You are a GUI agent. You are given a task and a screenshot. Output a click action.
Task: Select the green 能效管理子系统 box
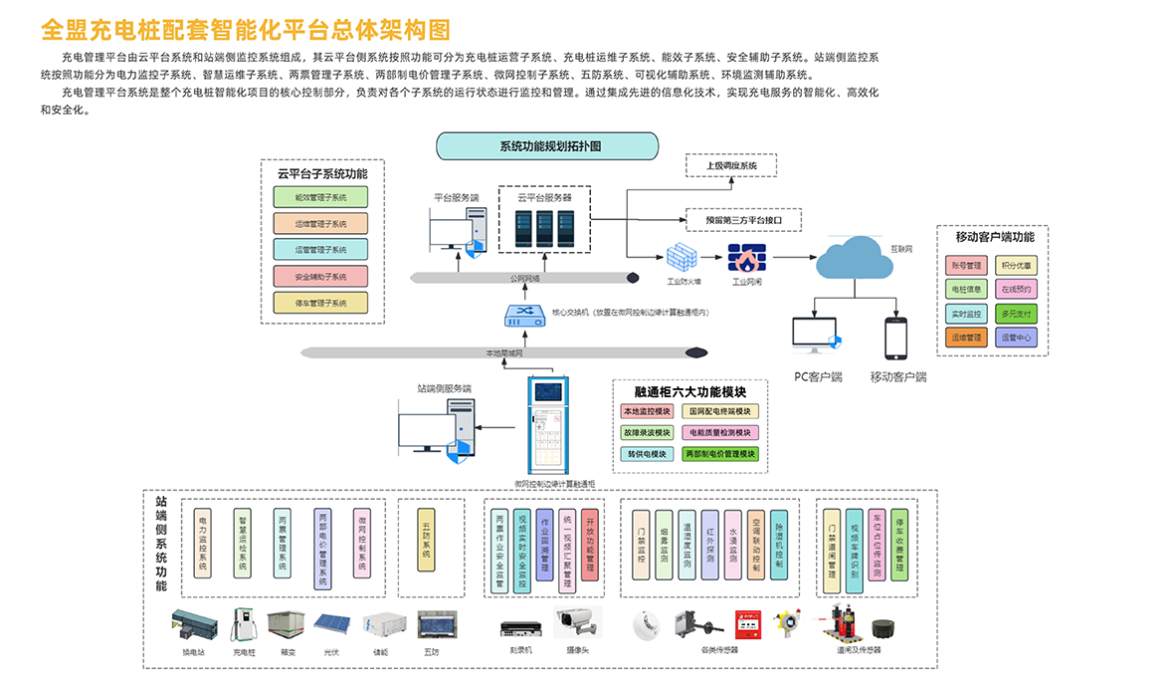point(320,197)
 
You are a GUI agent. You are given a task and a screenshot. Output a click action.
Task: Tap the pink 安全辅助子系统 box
point(320,276)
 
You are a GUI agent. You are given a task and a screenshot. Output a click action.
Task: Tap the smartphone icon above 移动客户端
point(896,340)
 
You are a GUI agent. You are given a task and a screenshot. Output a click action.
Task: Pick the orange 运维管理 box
point(965,338)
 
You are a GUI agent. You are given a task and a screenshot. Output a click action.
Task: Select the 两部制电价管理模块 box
point(720,453)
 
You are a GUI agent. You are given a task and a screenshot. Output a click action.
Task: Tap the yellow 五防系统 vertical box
point(427,542)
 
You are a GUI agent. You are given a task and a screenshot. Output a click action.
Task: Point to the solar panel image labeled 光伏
point(331,624)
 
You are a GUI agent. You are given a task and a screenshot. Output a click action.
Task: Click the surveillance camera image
point(578,623)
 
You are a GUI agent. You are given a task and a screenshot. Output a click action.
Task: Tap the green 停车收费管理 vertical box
point(897,544)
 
